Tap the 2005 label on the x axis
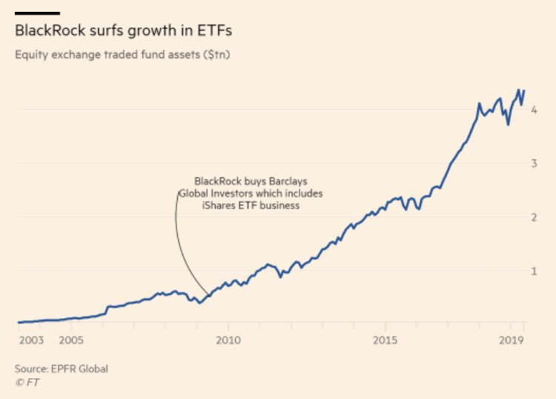[70, 340]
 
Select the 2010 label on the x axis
[228, 340]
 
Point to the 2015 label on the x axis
[385, 340]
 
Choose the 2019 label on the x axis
[511, 340]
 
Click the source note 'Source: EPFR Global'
[62, 369]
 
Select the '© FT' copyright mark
[27, 382]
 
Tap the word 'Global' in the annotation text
[194, 194]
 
